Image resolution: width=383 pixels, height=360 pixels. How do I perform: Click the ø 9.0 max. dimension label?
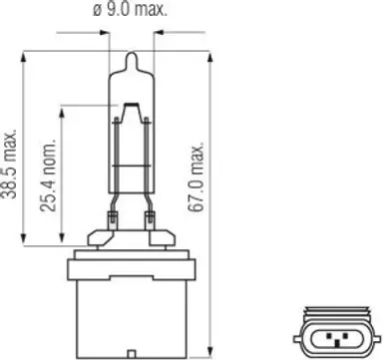pyautogui.click(x=130, y=9)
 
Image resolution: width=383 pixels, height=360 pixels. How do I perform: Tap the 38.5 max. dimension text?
pyautogui.click(x=9, y=164)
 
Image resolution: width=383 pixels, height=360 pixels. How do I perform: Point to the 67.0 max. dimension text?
pyautogui.click(x=195, y=177)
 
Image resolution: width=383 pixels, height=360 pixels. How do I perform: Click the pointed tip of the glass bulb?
pyautogui.click(x=132, y=53)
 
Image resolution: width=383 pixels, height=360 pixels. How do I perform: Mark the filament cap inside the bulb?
pyautogui.click(x=132, y=106)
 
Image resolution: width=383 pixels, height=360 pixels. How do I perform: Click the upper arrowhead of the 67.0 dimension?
pyautogui.click(x=209, y=57)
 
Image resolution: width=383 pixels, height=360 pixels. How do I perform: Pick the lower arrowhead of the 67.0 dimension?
pyautogui.click(x=209, y=351)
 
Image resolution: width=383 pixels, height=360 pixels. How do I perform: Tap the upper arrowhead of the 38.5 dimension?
pyautogui.click(x=23, y=57)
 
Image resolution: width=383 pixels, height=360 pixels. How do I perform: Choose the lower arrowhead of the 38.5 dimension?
pyautogui.click(x=23, y=239)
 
